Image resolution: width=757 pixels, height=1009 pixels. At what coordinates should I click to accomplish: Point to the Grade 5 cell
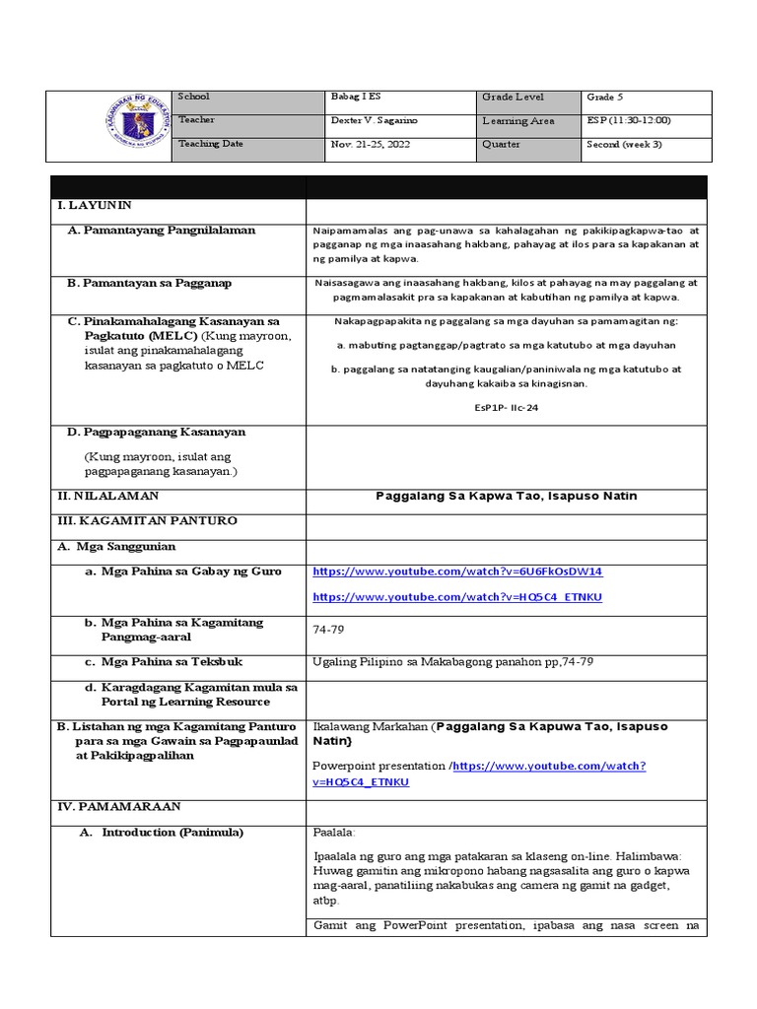(605, 98)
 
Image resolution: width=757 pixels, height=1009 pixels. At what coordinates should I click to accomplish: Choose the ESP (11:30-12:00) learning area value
(628, 121)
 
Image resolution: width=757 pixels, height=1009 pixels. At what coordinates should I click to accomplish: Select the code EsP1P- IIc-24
(505, 405)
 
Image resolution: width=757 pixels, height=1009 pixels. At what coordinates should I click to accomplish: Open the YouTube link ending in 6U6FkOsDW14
(457, 572)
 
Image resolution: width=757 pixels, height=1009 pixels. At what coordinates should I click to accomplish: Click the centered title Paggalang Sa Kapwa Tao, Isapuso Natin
(507, 496)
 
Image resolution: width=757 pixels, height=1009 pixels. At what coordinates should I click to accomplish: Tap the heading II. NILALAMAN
(107, 496)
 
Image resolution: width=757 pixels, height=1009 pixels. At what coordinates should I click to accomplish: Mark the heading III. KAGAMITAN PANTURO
(147, 520)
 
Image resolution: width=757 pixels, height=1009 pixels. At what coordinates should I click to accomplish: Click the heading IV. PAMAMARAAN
(118, 806)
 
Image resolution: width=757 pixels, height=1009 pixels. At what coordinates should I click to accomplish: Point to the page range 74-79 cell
(328, 629)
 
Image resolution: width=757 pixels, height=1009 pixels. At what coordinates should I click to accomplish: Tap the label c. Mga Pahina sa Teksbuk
(163, 661)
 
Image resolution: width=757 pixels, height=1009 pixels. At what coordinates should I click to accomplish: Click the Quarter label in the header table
(501, 145)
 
